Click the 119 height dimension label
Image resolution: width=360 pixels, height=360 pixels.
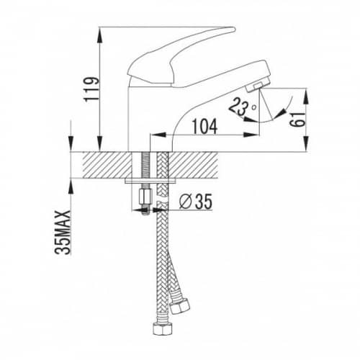pos(91,89)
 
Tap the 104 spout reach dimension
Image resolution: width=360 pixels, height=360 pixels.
pos(205,127)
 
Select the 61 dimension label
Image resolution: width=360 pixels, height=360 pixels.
pos(297,120)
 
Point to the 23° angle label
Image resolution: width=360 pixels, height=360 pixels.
pos(243,107)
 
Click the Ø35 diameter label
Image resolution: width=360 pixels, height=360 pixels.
pos(196,202)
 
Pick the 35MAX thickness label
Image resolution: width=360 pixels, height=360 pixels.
pos(63,232)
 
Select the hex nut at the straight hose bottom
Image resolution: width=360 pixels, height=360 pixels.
pos(162,328)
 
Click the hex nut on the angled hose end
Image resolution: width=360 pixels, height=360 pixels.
pos(179,307)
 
